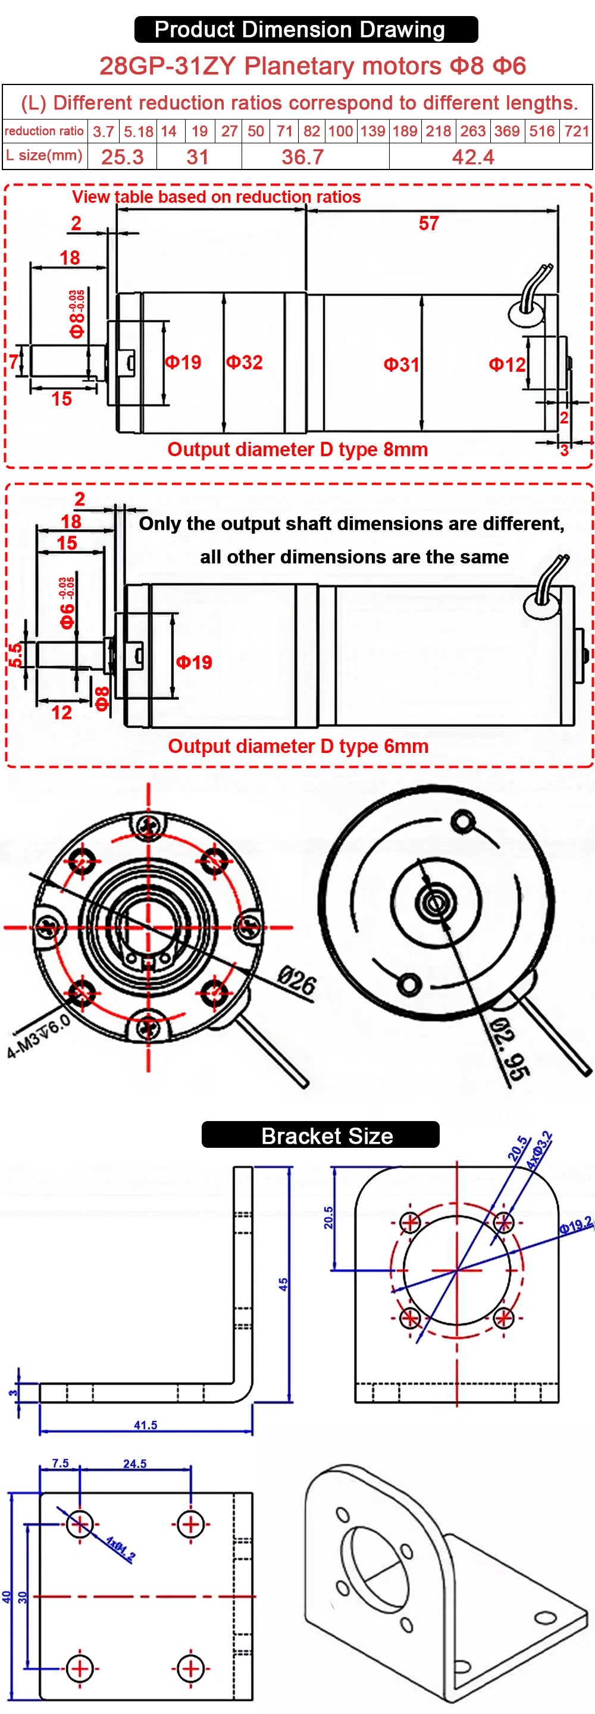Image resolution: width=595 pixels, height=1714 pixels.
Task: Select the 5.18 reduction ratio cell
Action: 139,131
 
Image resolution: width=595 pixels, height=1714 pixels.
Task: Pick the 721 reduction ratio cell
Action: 577,131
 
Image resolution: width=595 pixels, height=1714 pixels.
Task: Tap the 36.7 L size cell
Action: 303,157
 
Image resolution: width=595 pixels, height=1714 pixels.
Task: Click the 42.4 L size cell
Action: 472,157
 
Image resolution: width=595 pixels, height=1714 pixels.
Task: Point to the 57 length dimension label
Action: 428,224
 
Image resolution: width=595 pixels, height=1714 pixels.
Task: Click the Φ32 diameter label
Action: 245,362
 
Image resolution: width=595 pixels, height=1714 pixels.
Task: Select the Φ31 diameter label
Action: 401,365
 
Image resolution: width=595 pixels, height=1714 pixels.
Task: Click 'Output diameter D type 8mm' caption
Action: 297,449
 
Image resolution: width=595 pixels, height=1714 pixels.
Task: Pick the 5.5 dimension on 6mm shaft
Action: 15,654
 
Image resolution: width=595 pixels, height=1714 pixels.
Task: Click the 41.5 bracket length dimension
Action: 146,1424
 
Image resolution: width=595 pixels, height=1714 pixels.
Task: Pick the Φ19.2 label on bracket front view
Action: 575,1225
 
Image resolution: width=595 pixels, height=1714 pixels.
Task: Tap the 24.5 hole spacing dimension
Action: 135,1464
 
